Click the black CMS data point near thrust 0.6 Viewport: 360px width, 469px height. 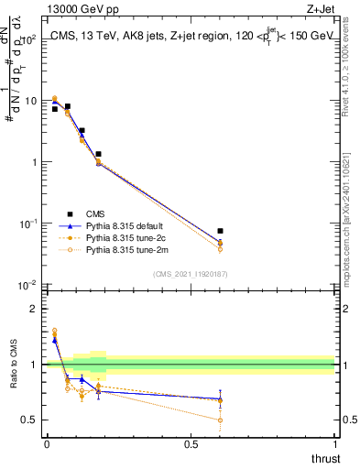pyautogui.click(x=220, y=232)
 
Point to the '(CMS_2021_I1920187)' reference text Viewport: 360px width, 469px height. pyautogui.click(x=191, y=273)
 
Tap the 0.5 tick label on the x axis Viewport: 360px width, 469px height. pyautogui.click(x=191, y=443)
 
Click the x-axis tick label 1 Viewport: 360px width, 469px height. pyautogui.click(x=335, y=443)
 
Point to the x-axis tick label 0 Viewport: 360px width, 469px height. pyautogui.click(x=47, y=443)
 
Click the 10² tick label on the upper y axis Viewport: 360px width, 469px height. pyautogui.click(x=28, y=39)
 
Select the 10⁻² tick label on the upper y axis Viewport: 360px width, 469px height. pyautogui.click(x=28, y=285)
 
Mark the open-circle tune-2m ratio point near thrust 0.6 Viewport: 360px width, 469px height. pyautogui.click(x=220, y=420)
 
